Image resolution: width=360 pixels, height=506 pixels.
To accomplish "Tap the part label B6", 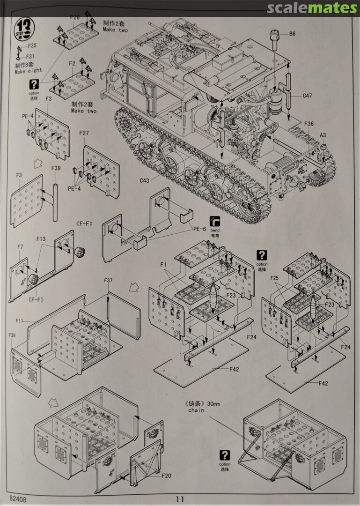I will (292, 34).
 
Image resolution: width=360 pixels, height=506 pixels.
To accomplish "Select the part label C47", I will (307, 96).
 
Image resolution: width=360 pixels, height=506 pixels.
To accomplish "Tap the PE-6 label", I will (199, 229).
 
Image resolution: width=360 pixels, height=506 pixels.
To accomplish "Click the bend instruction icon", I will (215, 221).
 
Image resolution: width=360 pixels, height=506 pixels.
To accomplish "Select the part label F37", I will (109, 281).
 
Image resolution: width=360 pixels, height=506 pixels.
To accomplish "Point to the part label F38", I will (12, 335).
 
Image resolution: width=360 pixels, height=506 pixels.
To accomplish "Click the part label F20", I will (166, 476).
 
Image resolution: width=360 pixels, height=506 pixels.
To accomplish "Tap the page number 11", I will (180, 499).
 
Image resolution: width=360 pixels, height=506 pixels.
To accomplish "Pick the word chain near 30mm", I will (197, 410).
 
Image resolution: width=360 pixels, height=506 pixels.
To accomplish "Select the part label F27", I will (84, 134).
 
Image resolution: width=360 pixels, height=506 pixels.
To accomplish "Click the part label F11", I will (20, 321).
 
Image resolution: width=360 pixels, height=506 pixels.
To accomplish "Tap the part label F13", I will (42, 239).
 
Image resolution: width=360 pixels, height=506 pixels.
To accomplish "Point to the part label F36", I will (309, 124).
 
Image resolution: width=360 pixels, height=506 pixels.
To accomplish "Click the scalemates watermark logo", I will (312, 8).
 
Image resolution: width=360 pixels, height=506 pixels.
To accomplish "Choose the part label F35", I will (32, 46).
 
